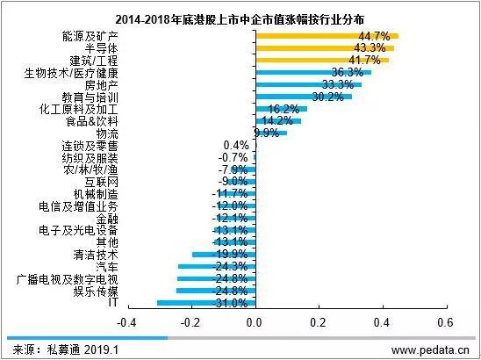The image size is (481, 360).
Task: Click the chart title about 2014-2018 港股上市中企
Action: pyautogui.click(x=240, y=18)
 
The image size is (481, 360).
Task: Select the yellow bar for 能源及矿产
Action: pyautogui.click(x=325, y=36)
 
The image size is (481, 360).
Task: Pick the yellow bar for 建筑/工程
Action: pyautogui.click(x=320, y=60)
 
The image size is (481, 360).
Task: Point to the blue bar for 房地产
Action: pyautogui.click(x=307, y=84)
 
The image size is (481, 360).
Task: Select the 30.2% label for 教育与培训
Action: pyautogui.click(x=328, y=96)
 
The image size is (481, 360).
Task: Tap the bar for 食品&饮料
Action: pyautogui.click(x=276, y=120)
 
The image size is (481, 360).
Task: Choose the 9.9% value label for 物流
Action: pyautogui.click(x=265, y=133)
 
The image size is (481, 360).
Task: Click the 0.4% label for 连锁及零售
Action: pyautogui.click(x=237, y=145)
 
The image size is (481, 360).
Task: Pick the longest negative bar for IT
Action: pyautogui.click(x=205, y=302)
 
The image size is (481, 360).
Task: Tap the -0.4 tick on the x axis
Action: pyautogui.click(x=128, y=320)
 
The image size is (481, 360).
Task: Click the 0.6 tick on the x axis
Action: pyautogui.click(x=443, y=320)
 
